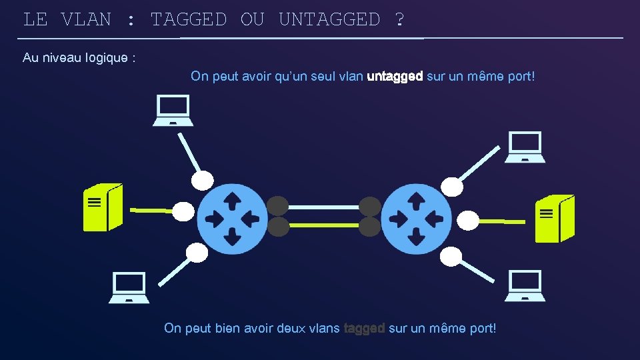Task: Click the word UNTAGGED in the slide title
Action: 329,19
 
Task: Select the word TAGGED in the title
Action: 189,19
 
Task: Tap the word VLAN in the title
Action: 86,19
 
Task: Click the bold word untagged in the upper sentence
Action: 395,77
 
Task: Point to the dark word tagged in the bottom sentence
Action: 364,328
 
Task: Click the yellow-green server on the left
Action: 102,207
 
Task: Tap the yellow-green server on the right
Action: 555,219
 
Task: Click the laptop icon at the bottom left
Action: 129,287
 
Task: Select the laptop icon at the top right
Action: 525,147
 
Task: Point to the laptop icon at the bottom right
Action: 525,286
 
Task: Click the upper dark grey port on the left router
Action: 278,206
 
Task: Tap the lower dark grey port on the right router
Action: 369,227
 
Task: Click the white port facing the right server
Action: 467,219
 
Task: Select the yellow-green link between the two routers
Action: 323,226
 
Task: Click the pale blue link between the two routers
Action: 323,207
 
